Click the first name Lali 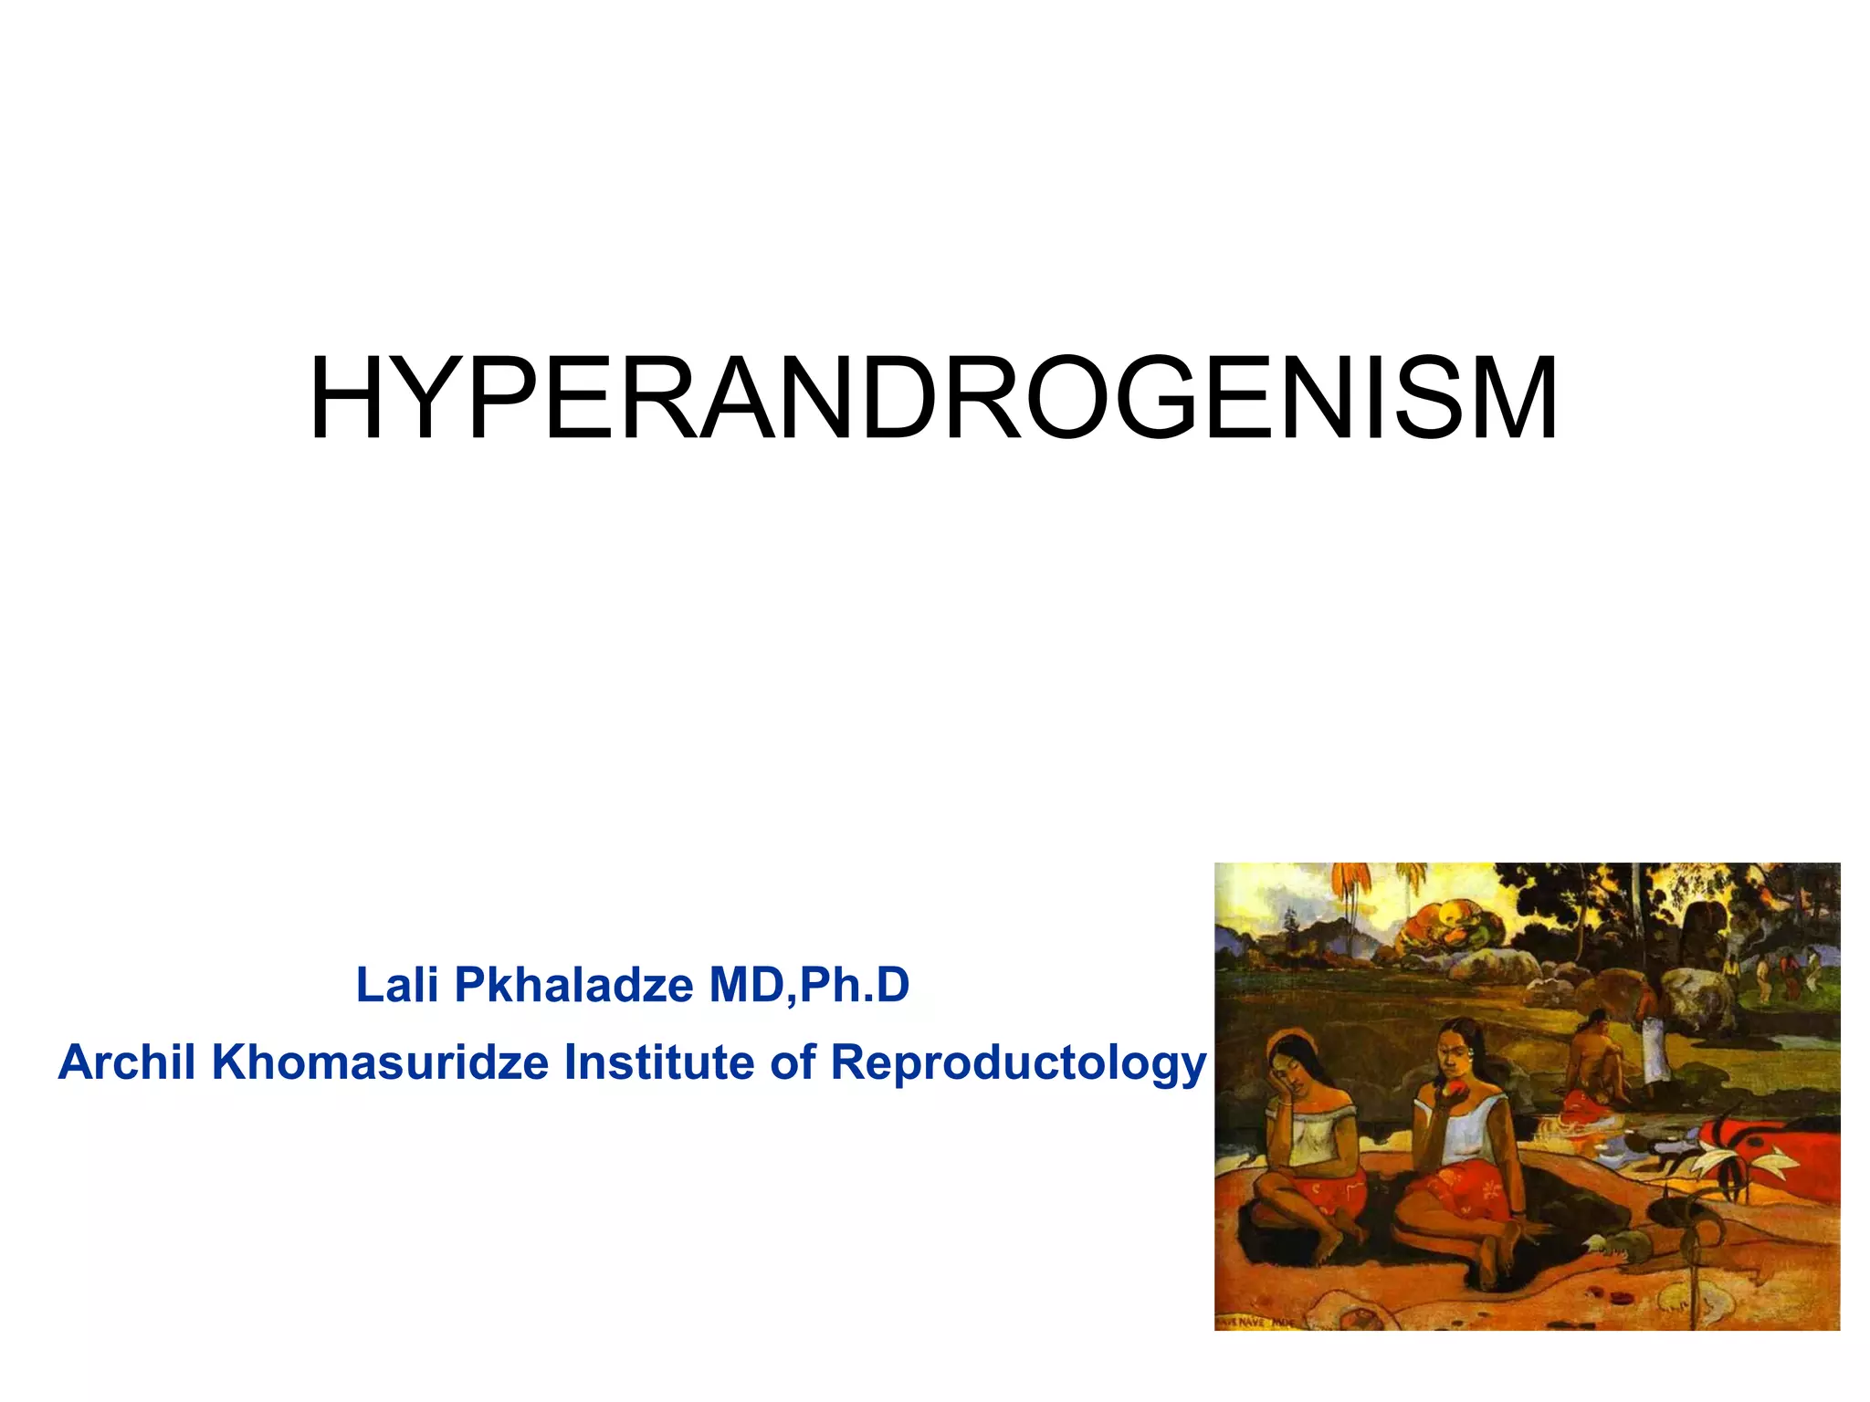click(x=396, y=986)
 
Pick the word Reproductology click(x=1018, y=1063)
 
